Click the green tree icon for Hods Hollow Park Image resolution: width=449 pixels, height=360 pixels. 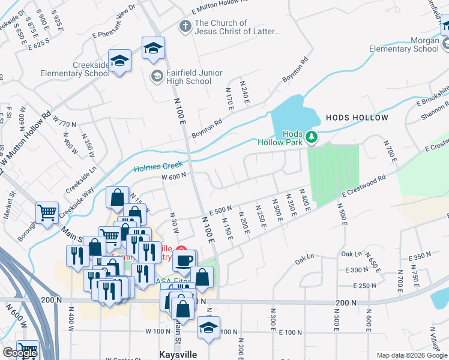click(x=311, y=138)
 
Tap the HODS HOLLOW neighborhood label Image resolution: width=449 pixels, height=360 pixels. click(x=357, y=118)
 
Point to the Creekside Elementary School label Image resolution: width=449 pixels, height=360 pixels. click(x=74, y=69)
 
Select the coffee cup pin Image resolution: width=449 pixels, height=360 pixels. click(x=184, y=260)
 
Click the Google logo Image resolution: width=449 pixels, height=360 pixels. click(x=20, y=353)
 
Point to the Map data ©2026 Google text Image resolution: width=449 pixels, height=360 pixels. click(x=412, y=355)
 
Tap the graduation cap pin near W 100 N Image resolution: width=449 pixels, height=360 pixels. click(x=208, y=328)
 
